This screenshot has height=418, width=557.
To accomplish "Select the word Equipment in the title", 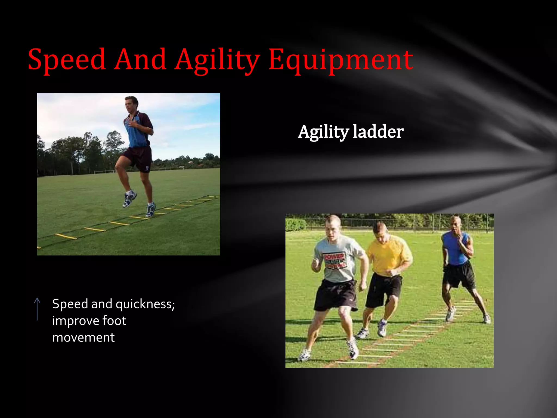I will [x=341, y=60].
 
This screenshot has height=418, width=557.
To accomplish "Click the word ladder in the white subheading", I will [x=378, y=132].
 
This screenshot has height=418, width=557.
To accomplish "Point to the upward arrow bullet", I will [x=37, y=309].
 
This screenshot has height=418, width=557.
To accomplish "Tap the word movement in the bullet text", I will [x=83, y=338].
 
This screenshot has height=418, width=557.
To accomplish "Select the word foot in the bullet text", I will [x=114, y=321].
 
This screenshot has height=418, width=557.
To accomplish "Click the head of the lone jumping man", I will [x=132, y=104].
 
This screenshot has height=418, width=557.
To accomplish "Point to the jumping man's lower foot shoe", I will [x=150, y=210].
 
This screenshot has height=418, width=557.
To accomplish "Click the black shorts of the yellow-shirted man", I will [x=383, y=290].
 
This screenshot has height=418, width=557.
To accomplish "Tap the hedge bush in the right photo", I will [x=296, y=225].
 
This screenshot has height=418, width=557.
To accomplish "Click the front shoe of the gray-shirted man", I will [x=353, y=349].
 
